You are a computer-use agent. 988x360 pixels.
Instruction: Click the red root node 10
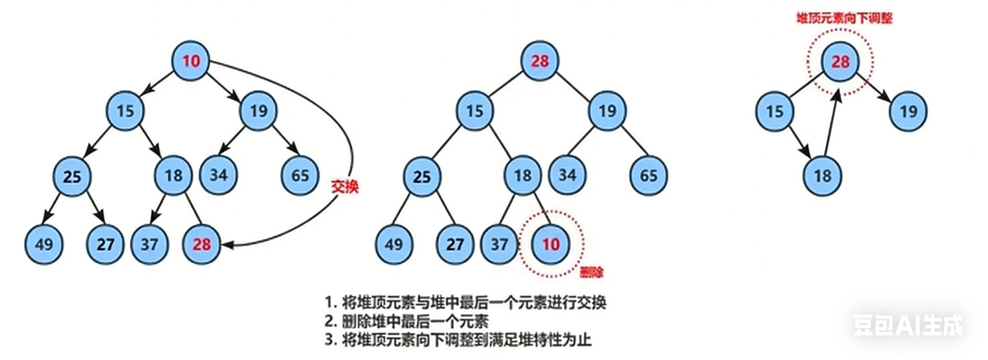click(x=190, y=61)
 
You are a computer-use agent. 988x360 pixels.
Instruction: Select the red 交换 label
click(x=344, y=187)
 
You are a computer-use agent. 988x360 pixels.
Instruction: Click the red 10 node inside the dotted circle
click(x=551, y=244)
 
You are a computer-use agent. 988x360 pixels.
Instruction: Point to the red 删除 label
click(x=591, y=273)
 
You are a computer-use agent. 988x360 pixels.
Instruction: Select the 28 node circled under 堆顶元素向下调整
click(x=840, y=62)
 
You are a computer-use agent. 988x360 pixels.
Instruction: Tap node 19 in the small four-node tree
click(x=908, y=112)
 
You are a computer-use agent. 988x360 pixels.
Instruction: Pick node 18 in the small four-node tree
click(x=823, y=176)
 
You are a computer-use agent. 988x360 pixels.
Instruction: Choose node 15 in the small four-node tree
click(x=774, y=112)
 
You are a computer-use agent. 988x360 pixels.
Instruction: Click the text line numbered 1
click(x=465, y=303)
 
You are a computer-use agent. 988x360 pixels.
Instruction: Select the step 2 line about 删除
click(x=407, y=321)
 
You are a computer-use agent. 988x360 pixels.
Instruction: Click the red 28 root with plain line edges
click(x=540, y=61)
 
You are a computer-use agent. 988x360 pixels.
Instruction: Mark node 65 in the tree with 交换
click(x=300, y=176)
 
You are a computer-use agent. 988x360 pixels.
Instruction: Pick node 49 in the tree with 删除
click(x=394, y=244)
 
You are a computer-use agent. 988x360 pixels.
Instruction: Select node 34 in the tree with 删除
click(x=567, y=175)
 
